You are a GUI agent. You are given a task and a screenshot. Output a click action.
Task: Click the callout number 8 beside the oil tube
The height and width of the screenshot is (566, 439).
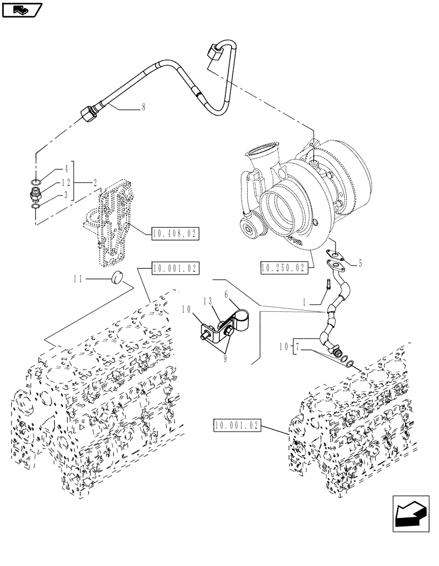pyautogui.click(x=144, y=107)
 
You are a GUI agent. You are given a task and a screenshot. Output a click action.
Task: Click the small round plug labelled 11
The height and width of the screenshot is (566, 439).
pyautogui.click(x=119, y=278)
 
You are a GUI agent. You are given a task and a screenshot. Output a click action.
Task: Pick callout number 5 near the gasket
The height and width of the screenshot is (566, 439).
pyautogui.click(x=360, y=263)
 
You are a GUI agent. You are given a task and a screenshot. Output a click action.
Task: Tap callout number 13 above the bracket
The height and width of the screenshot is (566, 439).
pyautogui.click(x=207, y=302)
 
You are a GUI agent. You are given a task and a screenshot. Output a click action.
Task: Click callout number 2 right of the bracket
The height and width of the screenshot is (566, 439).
pyautogui.click(x=94, y=182)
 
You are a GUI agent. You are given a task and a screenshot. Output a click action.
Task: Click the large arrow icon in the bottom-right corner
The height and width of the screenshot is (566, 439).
pyautogui.click(x=408, y=514)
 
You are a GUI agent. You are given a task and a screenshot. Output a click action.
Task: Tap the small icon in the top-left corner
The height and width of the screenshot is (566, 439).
pyautogui.click(x=22, y=9)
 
